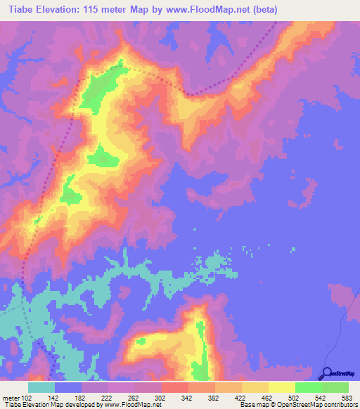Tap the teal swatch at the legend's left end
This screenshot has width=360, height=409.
[41, 388]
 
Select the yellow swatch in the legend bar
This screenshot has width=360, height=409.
[281, 388]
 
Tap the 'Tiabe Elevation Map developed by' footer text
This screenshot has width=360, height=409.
[49, 404]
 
